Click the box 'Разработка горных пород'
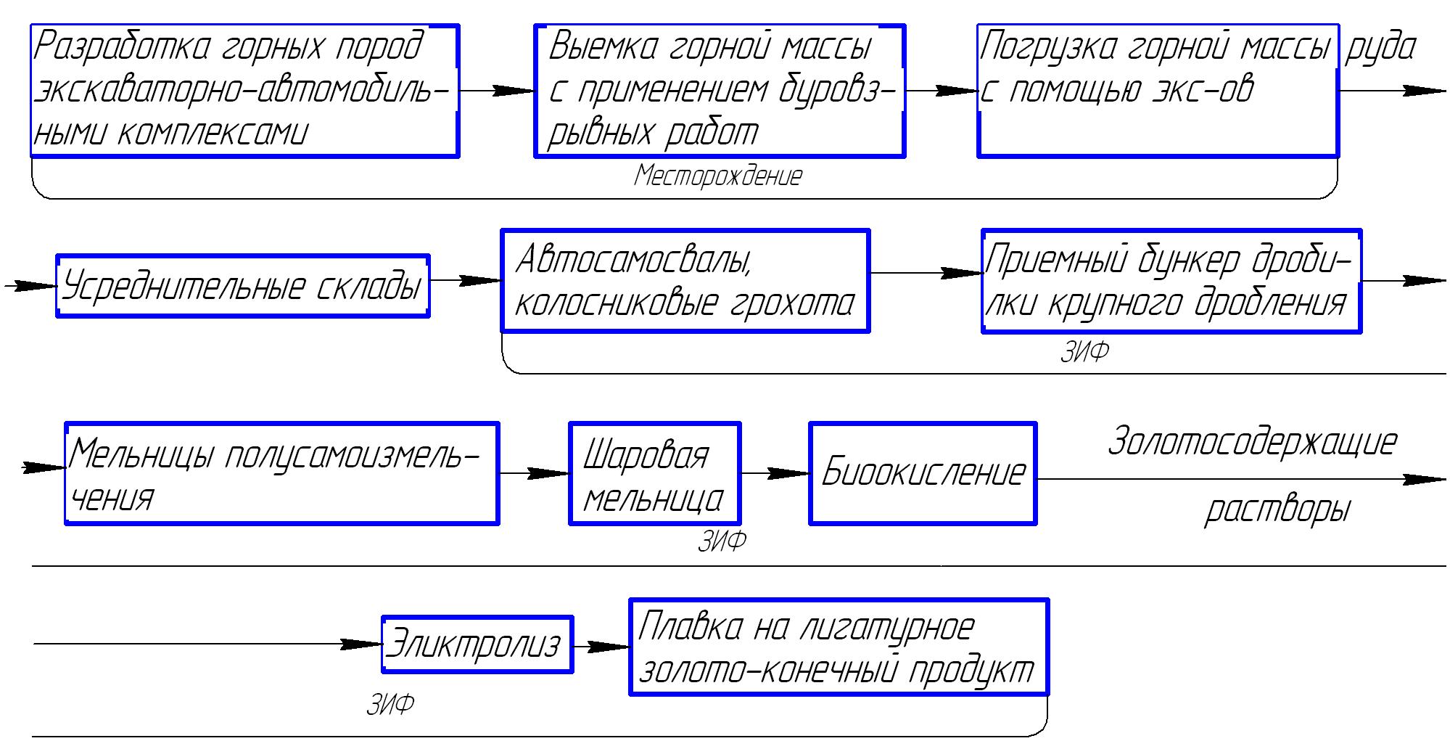pyautogui.click(x=244, y=91)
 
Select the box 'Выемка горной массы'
pyautogui.click(x=720, y=91)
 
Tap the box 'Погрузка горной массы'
pyautogui.click(x=1158, y=91)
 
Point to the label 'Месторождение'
pyautogui.click(x=718, y=176)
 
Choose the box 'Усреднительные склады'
pyautogui.click(x=243, y=286)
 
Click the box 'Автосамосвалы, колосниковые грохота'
pyautogui.click(x=685, y=281)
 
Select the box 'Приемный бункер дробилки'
pyautogui.click(x=1171, y=281)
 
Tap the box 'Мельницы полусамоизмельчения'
pyautogui.click(x=282, y=473)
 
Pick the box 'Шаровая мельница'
pyautogui.click(x=654, y=473)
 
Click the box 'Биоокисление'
pyautogui.click(x=923, y=473)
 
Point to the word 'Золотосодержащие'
pyautogui.click(x=1252, y=442)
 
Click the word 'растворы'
pyautogui.click(x=1277, y=509)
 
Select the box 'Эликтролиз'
pyautogui.click(x=477, y=644)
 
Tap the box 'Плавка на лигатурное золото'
pyautogui.click(x=839, y=647)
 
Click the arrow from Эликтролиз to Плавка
pyautogui.click(x=601, y=646)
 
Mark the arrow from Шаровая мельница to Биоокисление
pyautogui.click(x=775, y=473)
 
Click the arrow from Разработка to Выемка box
pyautogui.click(x=497, y=91)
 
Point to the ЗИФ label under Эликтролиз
pyautogui.click(x=390, y=704)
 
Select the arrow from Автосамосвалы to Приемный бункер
pyautogui.click(x=926, y=273)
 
